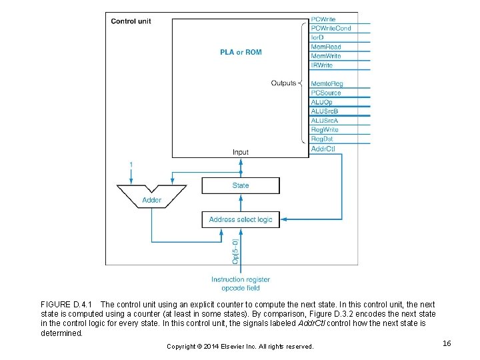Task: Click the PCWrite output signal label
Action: coord(323,19)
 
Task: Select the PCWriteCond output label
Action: coord(331,29)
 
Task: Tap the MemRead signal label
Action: coord(325,47)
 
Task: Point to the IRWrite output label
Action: coord(323,65)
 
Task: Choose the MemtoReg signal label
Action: coord(327,84)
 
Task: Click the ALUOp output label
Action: coord(322,102)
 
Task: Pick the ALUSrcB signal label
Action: coord(325,111)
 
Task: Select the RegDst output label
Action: coord(322,139)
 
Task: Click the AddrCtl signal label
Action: coord(323,149)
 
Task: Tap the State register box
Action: coord(241,185)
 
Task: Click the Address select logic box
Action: coord(241,219)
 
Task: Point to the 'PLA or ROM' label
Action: coord(241,52)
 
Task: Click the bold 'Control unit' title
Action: coord(131,21)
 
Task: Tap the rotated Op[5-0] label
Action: coord(235,251)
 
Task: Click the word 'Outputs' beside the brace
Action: coord(283,83)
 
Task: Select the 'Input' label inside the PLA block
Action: coord(241,152)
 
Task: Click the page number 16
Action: coord(447,343)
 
